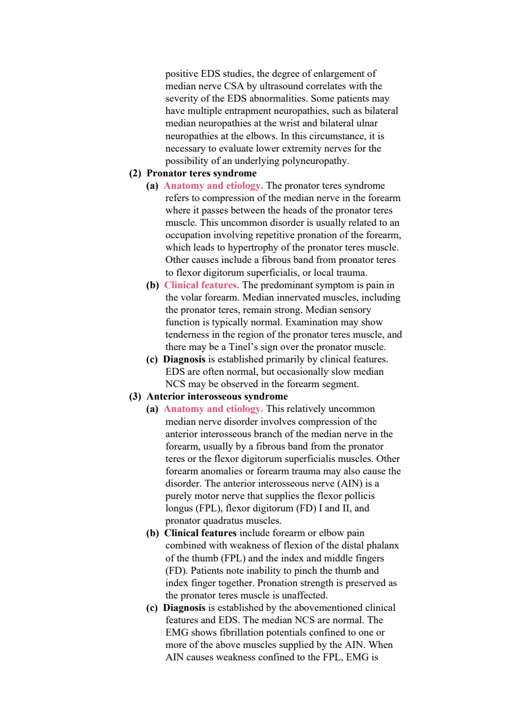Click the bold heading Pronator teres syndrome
point(201,173)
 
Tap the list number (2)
point(135,173)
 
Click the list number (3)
point(135,397)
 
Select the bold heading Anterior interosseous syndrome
point(217,397)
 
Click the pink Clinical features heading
point(201,285)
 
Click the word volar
point(192,297)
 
